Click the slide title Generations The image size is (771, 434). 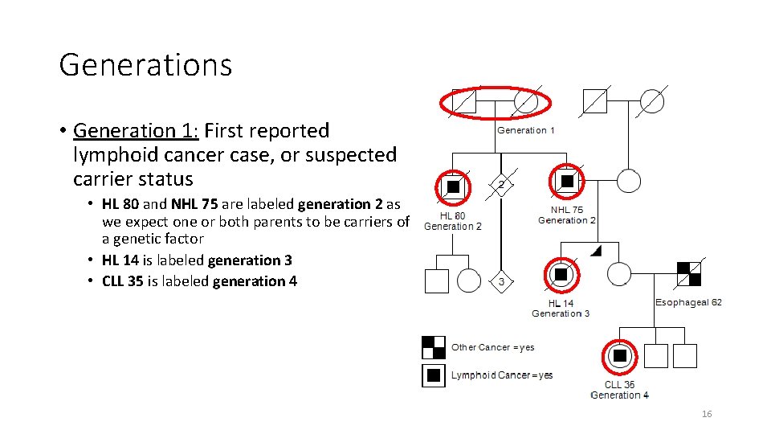(145, 65)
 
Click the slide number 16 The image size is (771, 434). (707, 414)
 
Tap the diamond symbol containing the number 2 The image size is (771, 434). (501, 184)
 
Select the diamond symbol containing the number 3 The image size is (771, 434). (501, 281)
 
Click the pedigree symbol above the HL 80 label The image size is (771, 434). (453, 186)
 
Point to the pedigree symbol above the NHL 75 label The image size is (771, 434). (567, 182)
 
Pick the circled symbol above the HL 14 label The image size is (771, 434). (561, 275)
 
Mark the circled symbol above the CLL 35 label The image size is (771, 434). (620, 355)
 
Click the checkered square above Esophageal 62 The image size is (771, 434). (688, 274)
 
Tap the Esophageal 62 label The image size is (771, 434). (688, 302)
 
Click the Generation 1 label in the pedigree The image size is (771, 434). (526, 130)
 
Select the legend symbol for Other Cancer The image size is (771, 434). (434, 347)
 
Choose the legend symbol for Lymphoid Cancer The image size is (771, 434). (434, 375)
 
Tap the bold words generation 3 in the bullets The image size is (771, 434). (250, 260)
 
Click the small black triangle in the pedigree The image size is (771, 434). (596, 252)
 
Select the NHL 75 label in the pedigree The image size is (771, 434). (567, 210)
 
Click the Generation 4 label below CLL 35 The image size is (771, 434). (619, 395)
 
